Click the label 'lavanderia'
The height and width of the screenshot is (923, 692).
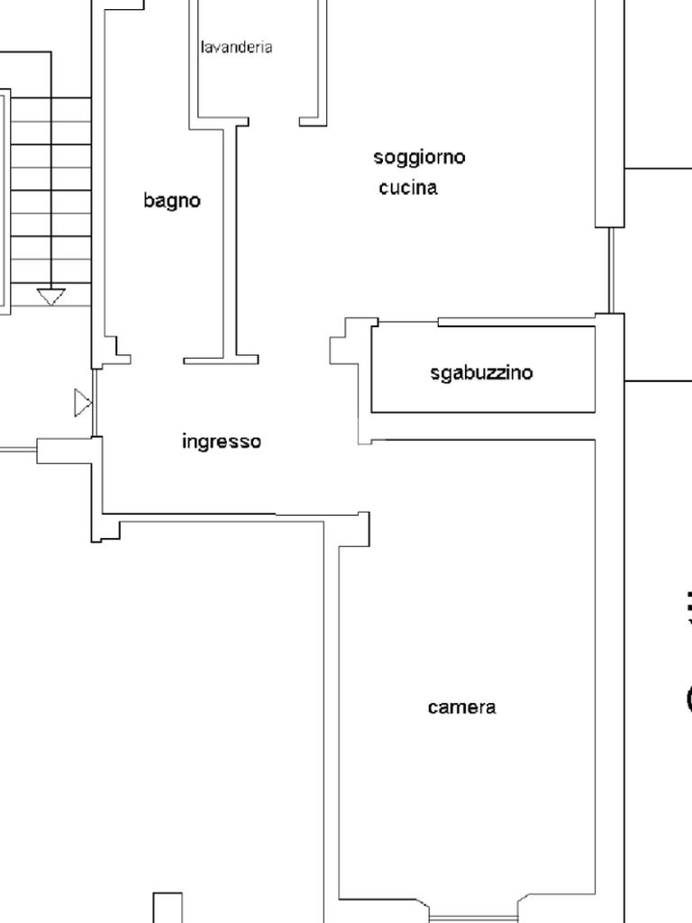(236, 47)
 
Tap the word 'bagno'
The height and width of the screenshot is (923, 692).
(172, 200)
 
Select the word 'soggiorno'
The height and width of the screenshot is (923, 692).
(419, 157)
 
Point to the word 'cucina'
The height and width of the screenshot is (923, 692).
(408, 187)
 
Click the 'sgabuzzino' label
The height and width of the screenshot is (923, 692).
(481, 372)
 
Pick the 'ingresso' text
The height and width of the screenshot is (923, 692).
(222, 441)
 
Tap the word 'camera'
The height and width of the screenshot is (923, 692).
(461, 707)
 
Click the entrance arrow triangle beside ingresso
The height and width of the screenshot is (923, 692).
(82, 403)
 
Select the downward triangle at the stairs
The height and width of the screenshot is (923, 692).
(51, 296)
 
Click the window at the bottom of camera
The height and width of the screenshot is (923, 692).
(474, 917)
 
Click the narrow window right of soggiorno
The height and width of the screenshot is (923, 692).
(610, 270)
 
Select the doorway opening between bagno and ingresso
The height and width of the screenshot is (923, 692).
(157, 361)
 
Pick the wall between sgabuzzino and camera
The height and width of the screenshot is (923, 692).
(483, 426)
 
